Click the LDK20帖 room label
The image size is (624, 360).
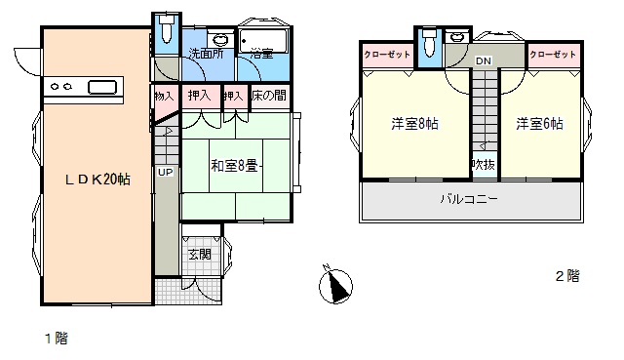(97, 180)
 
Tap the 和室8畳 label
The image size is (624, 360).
(234, 165)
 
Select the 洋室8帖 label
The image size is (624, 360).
(414, 124)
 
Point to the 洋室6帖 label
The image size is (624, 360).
(539, 124)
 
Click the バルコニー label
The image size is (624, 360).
(469, 198)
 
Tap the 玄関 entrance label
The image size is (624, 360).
(200, 254)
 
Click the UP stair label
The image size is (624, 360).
(165, 172)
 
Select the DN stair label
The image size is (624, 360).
(484, 60)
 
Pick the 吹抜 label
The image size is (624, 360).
(484, 164)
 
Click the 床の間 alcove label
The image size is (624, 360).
(269, 96)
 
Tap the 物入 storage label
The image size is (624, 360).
(164, 96)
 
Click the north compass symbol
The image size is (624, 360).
(335, 284)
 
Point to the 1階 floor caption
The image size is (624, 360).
(57, 339)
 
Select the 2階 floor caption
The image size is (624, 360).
(567, 275)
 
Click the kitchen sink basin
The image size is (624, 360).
(102, 87)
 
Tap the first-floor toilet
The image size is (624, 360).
(167, 28)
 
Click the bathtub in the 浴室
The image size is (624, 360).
(262, 41)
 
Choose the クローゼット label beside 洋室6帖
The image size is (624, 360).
(553, 55)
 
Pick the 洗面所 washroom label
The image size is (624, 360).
(206, 54)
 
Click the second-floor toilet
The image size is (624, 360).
(428, 41)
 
